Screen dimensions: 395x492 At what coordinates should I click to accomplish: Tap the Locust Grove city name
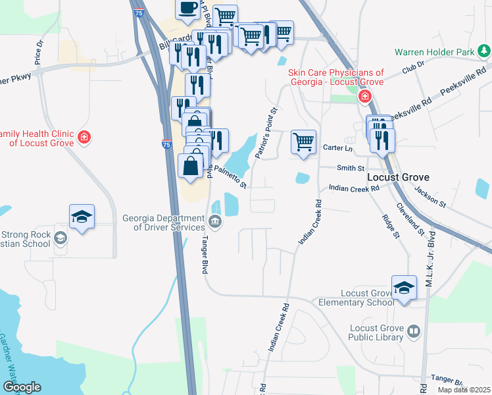397,178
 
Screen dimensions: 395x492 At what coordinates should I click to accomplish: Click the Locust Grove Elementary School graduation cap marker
404,288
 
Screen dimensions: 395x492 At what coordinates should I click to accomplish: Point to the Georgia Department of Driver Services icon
216,221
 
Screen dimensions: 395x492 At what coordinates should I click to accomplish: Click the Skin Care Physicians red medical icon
364,97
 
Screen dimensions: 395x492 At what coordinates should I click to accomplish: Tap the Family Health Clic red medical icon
84,137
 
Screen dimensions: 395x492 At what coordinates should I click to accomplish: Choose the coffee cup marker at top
187,9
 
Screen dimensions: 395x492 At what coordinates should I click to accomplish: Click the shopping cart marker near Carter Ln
303,142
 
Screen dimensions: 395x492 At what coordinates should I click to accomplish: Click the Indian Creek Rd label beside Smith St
355,188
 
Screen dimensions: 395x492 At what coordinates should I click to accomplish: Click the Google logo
22,387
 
